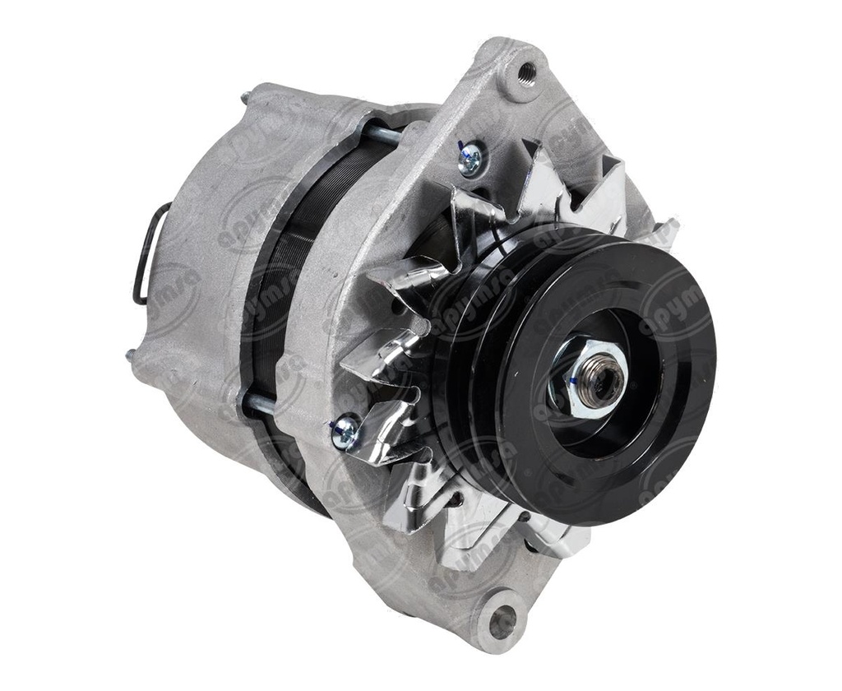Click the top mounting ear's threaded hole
pos(526,74)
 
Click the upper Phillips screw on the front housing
pos(470,158)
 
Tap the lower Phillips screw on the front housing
pos(345,430)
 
